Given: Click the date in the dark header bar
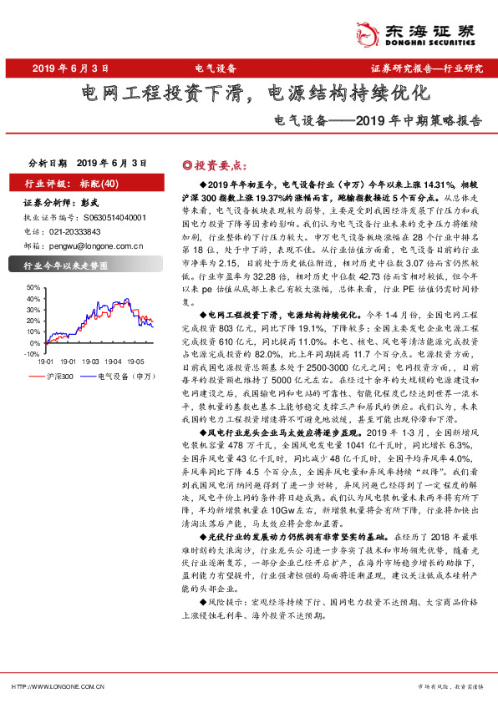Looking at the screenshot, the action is (x=72, y=68).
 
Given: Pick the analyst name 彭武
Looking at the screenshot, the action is (x=90, y=202).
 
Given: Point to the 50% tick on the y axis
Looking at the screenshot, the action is (x=34, y=286).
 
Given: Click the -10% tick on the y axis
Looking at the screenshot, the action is (x=33, y=354).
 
